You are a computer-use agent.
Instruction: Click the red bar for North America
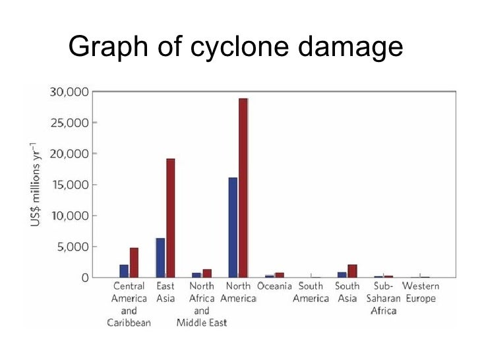[x=243, y=188]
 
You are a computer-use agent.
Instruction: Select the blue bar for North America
[x=233, y=227]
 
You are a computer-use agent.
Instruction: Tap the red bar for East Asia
[x=171, y=218]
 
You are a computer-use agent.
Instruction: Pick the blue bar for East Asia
[x=160, y=258]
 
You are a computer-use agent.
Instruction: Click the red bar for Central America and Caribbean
[x=134, y=262]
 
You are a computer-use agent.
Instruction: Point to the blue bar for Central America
[x=124, y=271]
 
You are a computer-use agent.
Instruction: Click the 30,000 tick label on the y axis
[x=69, y=92]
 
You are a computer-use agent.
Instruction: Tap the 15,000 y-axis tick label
[x=69, y=185]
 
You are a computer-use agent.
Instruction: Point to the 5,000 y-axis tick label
[x=73, y=247]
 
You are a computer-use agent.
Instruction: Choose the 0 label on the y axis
[x=85, y=278]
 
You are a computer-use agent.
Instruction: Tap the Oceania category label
[x=274, y=287]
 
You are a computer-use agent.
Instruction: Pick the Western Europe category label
[x=421, y=293]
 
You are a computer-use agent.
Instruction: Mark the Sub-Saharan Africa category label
[x=384, y=299]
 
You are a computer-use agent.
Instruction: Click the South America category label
[x=311, y=293]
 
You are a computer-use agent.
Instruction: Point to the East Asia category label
[x=165, y=293]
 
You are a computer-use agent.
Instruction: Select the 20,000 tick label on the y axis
[x=69, y=154]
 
